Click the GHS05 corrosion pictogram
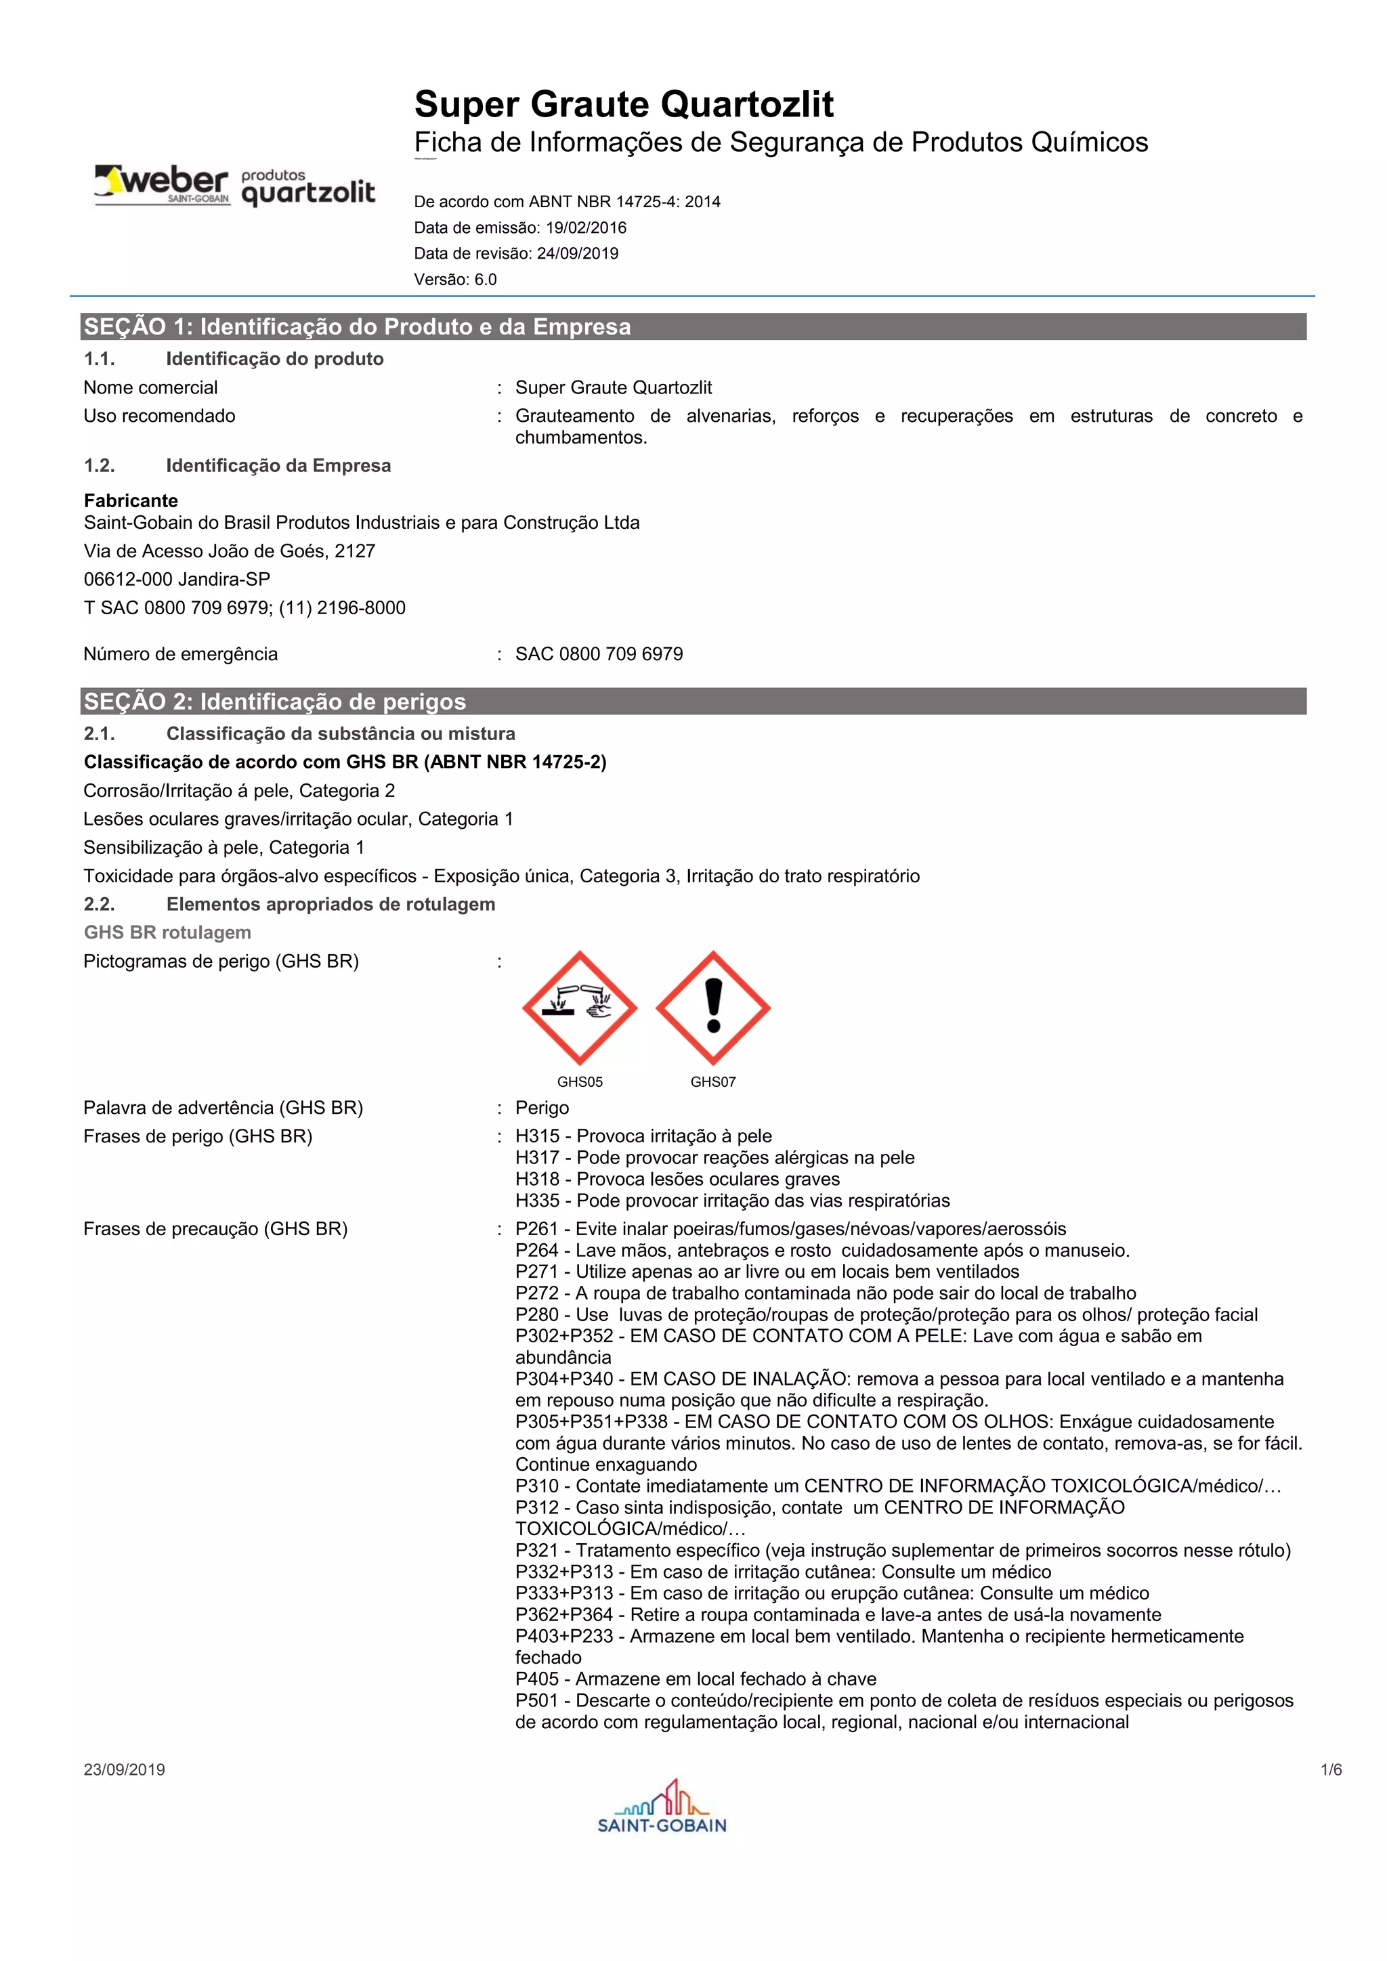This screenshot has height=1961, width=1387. [580, 1008]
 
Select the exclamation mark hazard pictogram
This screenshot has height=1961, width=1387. [713, 1008]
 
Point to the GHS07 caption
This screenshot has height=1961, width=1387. [713, 1082]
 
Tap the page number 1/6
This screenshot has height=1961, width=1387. [1331, 1769]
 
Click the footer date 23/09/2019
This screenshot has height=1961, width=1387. [125, 1769]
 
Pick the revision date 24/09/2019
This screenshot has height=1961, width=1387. [577, 254]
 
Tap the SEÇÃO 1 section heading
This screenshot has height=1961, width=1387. [357, 327]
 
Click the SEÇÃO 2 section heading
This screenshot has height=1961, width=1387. [275, 702]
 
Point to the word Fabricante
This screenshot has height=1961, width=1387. [131, 501]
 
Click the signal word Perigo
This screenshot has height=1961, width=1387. [542, 1108]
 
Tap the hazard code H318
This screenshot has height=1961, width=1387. [537, 1180]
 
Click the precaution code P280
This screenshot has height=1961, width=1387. [536, 1315]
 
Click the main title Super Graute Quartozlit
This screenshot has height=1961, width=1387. [624, 104]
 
